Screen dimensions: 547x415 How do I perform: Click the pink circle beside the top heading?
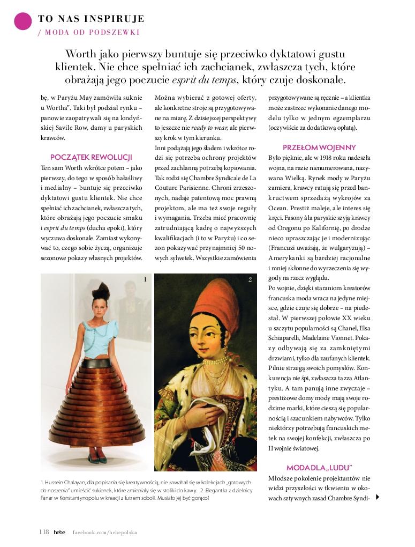[x=22, y=21]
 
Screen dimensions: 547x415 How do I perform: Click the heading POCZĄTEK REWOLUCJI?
[x=91, y=157]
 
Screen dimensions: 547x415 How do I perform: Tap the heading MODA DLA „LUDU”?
[x=319, y=468]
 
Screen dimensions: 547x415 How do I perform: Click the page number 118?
[x=44, y=532]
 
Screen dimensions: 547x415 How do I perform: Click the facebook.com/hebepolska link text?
[x=105, y=533]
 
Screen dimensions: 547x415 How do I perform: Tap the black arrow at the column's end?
[x=378, y=497]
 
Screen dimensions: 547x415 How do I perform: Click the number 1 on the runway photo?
[x=145, y=279]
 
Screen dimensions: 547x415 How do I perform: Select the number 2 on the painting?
[x=250, y=279]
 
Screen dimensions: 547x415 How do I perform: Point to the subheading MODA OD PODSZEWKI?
[x=92, y=32]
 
